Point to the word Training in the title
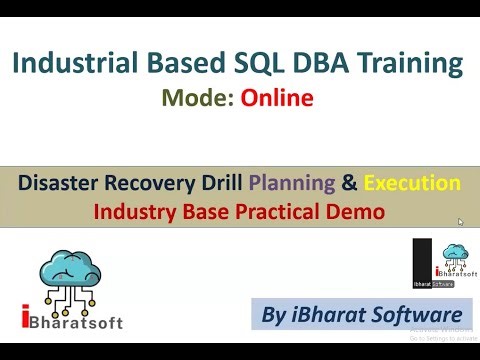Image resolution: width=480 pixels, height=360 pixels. click(x=413, y=65)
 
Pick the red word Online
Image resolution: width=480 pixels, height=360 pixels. click(x=275, y=98)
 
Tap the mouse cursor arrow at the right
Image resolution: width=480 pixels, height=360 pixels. click(x=460, y=221)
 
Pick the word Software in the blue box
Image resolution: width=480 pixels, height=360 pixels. click(x=411, y=313)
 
